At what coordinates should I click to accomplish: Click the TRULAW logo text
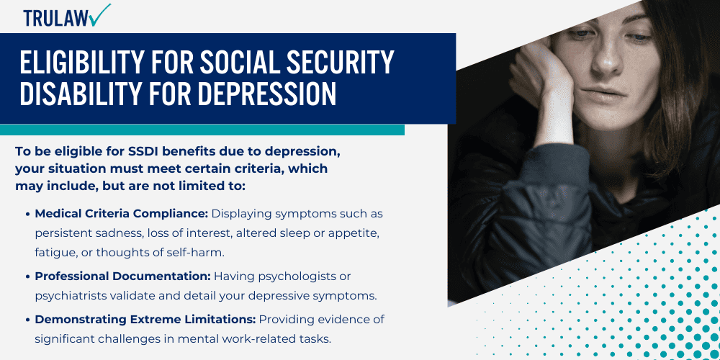54,17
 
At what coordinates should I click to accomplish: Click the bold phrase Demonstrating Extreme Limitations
145,319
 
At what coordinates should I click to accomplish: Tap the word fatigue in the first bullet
55,251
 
